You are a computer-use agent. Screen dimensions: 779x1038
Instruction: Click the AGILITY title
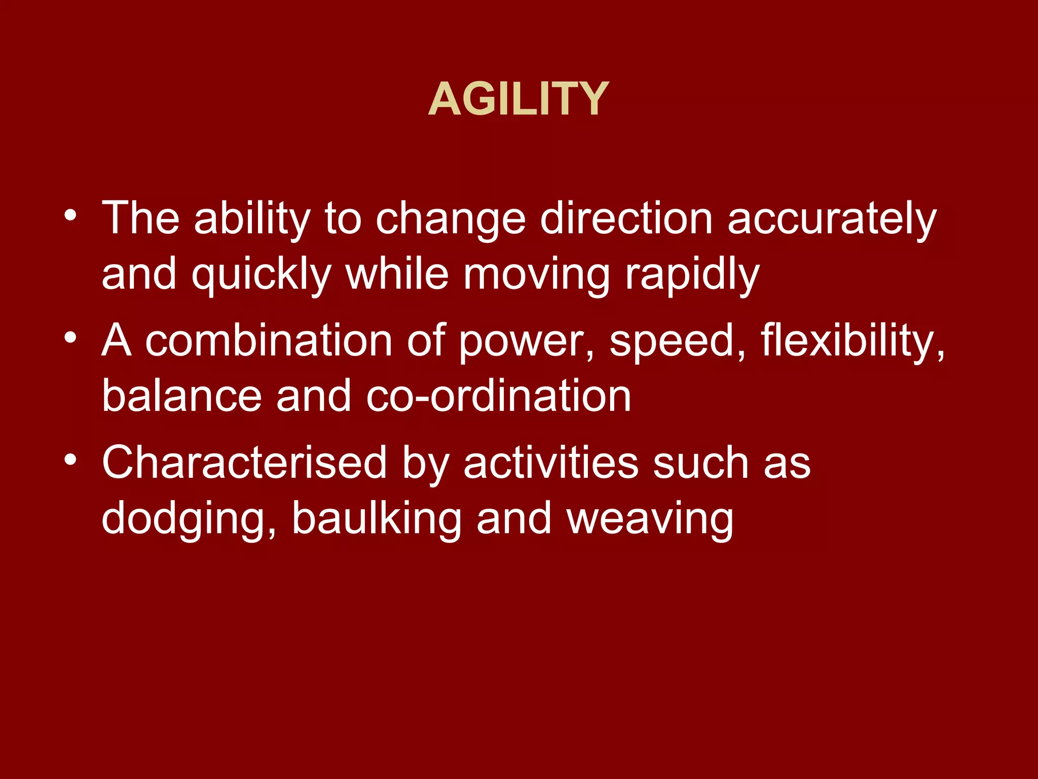(518, 99)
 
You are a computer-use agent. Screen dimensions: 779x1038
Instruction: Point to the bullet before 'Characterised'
(70, 459)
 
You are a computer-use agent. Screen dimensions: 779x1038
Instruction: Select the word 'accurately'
(832, 219)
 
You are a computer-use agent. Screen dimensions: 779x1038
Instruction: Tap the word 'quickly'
(262, 275)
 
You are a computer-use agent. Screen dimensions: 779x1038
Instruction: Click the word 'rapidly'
(692, 275)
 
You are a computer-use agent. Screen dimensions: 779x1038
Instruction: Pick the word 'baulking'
(377, 518)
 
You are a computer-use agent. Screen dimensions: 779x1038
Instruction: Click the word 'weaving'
(650, 519)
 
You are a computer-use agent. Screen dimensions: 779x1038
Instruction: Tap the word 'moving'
(537, 275)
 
